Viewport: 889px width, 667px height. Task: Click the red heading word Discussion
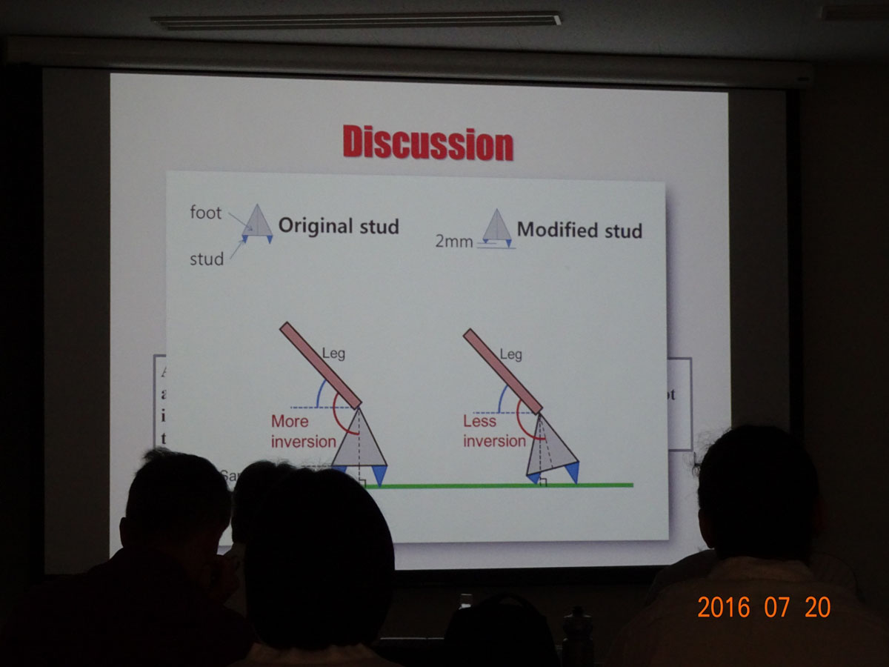[427, 143]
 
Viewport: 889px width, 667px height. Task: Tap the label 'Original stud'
[338, 226]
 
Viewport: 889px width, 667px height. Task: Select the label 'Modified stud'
[579, 230]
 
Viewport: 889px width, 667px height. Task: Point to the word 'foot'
[205, 213]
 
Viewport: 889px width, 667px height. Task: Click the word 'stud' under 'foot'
[207, 259]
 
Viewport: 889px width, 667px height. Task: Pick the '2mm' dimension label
[453, 242]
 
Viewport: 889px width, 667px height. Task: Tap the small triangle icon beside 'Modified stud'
[496, 227]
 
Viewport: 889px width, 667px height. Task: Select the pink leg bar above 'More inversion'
[319, 364]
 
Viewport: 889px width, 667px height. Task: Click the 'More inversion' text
[302, 431]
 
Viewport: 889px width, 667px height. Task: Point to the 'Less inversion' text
[493, 431]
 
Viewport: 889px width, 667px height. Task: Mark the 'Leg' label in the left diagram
[333, 354]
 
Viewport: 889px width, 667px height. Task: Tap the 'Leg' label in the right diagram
[510, 354]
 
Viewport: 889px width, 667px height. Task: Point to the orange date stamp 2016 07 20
[763, 608]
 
